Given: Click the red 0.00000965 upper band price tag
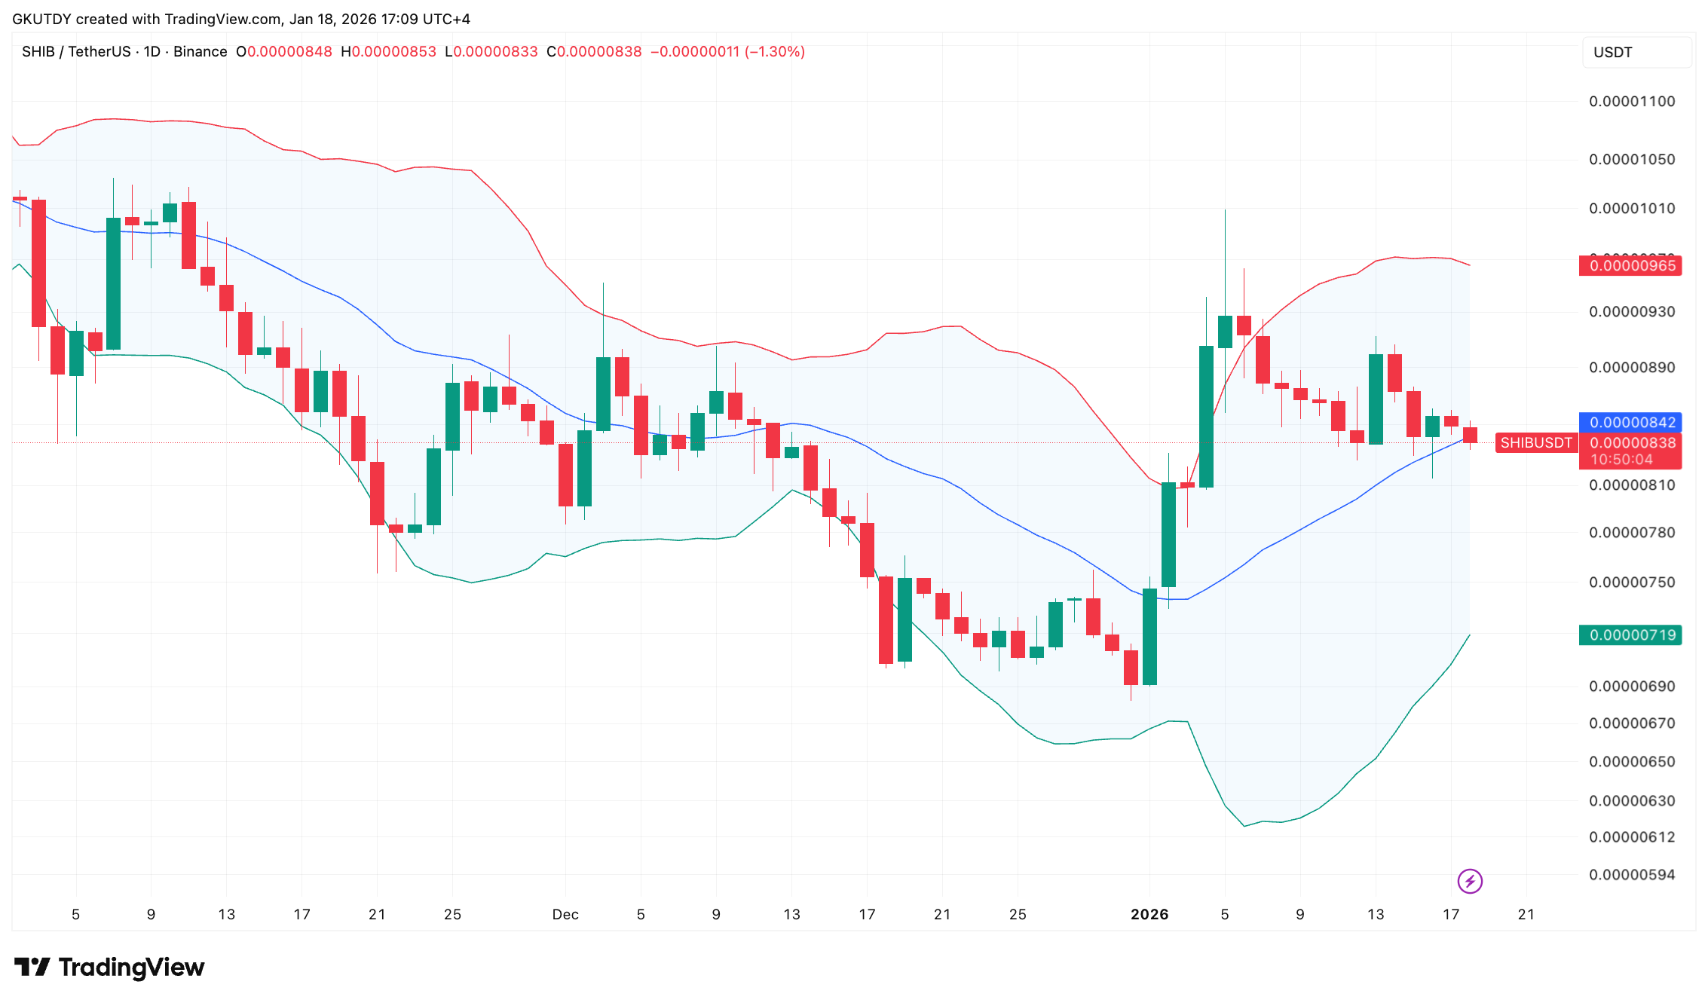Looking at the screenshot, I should (x=1631, y=266).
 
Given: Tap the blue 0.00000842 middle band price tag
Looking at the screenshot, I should (x=1631, y=423).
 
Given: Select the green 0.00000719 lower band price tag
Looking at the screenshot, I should (x=1631, y=635).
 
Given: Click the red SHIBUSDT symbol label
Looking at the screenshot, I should (x=1535, y=443).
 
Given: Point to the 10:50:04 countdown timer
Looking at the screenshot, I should (x=1621, y=460).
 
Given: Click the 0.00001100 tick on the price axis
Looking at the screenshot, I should (x=1632, y=102).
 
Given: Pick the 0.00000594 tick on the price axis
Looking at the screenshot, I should (x=1632, y=875).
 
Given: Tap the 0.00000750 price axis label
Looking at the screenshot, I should (x=1632, y=583).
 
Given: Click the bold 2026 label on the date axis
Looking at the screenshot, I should (x=1149, y=915).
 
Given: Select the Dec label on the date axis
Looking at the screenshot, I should (x=565, y=915).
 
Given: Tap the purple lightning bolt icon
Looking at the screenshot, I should (x=1470, y=881).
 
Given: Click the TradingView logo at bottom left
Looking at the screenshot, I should (x=110, y=968).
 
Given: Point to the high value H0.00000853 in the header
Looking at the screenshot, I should (x=389, y=52).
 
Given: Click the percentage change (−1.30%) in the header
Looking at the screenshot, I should (x=775, y=52).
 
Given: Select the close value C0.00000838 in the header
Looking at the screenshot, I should (x=594, y=52).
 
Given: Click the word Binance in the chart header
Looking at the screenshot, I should (x=200, y=52).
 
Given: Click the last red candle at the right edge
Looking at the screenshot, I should (x=1470, y=435).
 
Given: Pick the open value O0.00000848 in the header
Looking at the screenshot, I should (x=284, y=52).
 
